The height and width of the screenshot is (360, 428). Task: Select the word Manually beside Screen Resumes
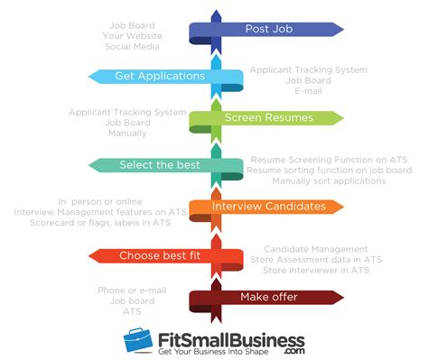(x=126, y=134)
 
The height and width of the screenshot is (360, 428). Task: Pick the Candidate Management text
(x=316, y=248)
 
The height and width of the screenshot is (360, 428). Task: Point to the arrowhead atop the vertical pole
(x=215, y=15)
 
